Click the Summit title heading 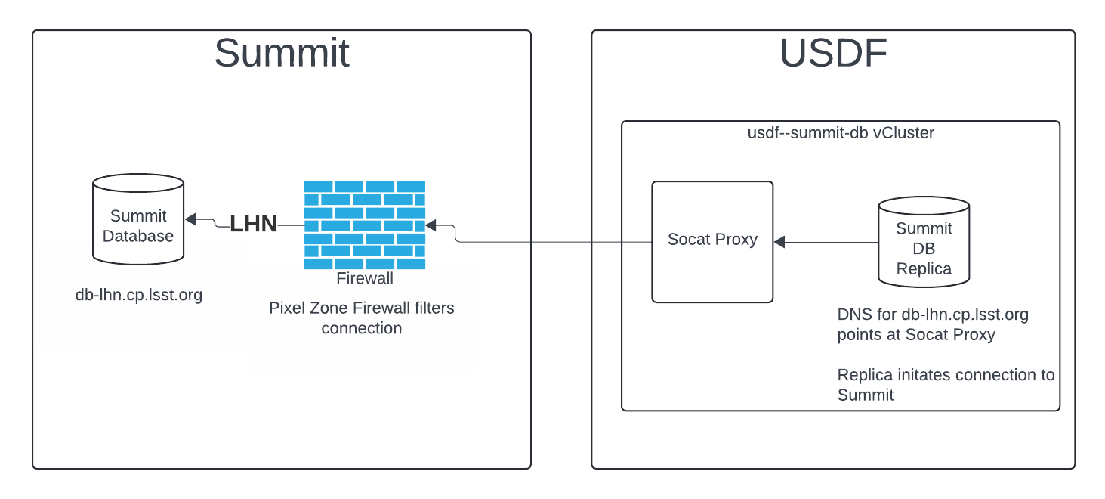(x=282, y=54)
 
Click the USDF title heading (x=833, y=54)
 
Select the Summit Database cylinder (x=138, y=220)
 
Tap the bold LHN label (x=254, y=224)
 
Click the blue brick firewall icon (x=365, y=225)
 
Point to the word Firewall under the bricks (x=365, y=278)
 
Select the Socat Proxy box (x=712, y=241)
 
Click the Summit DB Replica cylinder (x=924, y=242)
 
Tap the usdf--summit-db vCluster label (x=840, y=133)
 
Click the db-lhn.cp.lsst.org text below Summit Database (x=139, y=295)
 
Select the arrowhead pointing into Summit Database (x=190, y=219)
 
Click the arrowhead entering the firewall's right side (x=431, y=225)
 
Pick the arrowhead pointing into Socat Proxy (x=779, y=242)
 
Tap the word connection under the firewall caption (x=361, y=328)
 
